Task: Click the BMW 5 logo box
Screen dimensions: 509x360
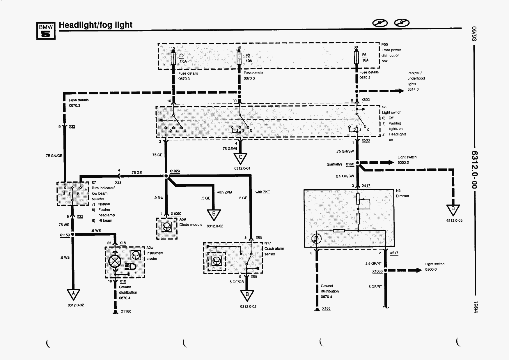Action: pos(46,31)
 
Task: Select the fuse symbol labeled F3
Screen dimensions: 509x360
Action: pos(239,58)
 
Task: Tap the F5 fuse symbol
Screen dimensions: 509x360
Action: pos(357,57)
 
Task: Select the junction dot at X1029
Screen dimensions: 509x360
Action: pos(166,176)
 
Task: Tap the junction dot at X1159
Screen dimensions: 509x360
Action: pos(73,234)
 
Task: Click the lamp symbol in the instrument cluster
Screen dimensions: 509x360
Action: pos(115,261)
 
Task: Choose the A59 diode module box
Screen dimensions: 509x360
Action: pos(167,228)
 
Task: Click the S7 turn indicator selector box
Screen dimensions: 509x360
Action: pos(73,194)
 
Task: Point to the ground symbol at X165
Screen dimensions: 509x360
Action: pos(317,310)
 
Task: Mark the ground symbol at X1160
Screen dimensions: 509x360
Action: pos(115,312)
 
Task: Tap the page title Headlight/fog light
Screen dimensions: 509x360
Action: pos(95,25)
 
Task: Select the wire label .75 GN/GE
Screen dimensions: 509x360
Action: pos(54,156)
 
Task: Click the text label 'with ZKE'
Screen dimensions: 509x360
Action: pos(263,192)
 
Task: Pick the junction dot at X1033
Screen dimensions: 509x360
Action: pos(385,270)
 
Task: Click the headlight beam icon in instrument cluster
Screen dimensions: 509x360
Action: pos(131,266)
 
